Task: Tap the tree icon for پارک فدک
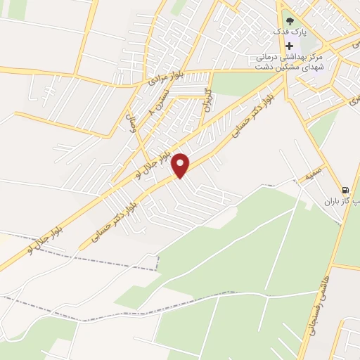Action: (289, 21)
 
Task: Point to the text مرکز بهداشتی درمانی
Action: (288, 57)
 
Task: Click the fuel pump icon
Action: (345, 189)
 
